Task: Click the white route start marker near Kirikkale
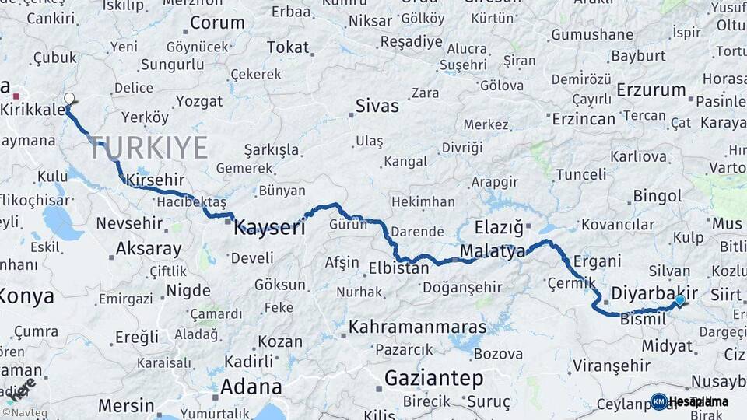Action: [x=69, y=99]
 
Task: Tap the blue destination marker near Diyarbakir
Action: [x=680, y=300]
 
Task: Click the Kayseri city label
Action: [x=269, y=227]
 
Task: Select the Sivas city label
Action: [x=377, y=106]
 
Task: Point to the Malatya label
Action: [x=493, y=251]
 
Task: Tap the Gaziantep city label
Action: [x=434, y=379]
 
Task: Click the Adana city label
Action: [x=251, y=387]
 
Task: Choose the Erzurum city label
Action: [x=651, y=89]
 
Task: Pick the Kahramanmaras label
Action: [x=417, y=327]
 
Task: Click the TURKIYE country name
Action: [x=148, y=147]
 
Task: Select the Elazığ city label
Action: [x=499, y=228]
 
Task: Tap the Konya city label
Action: [x=27, y=296]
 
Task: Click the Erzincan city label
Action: [x=584, y=119]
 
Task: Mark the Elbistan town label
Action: [x=398, y=268]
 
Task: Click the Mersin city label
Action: [x=125, y=405]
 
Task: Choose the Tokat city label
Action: [x=288, y=47]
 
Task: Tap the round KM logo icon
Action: [x=658, y=401]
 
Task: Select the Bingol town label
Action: [x=658, y=195]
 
